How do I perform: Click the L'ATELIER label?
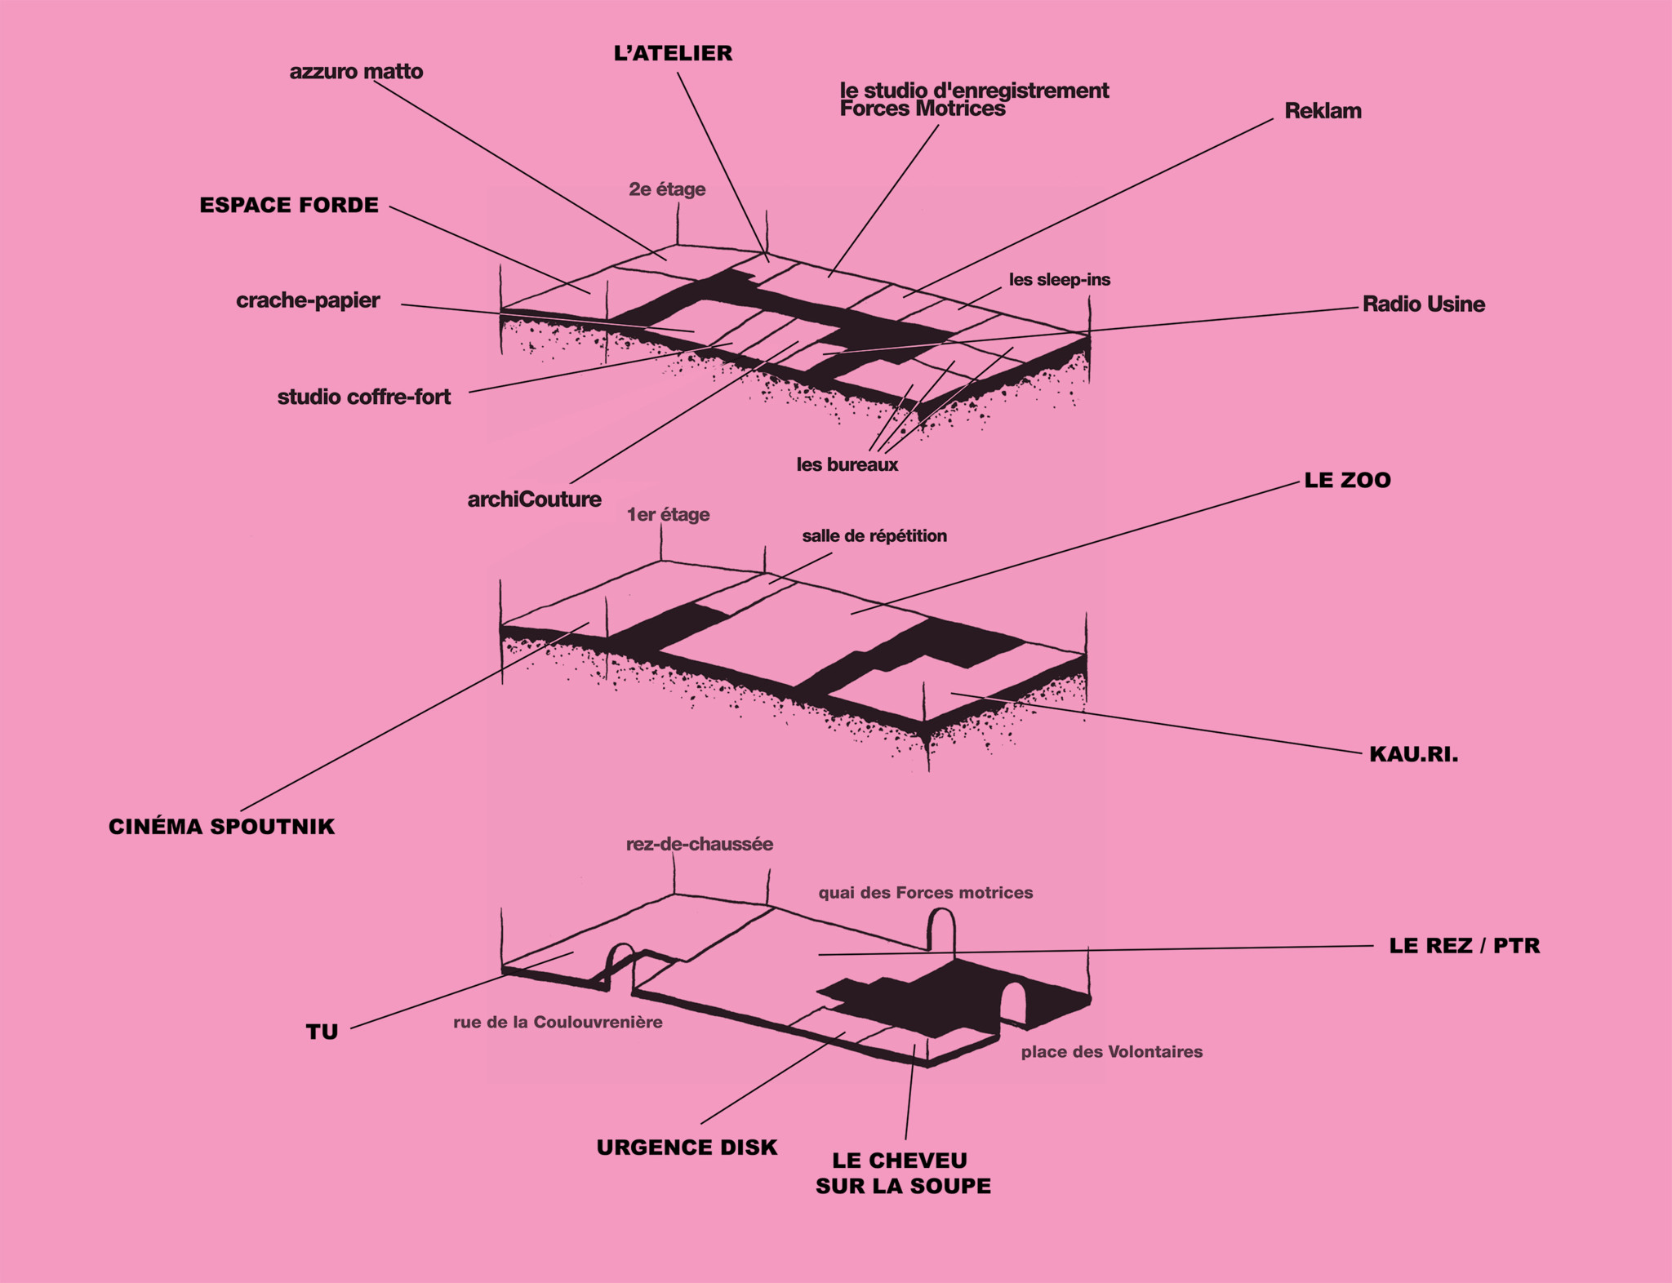click(673, 54)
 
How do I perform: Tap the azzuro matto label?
click(356, 72)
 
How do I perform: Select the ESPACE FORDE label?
click(289, 205)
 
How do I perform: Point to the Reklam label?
click(1323, 111)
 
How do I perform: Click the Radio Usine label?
click(1423, 304)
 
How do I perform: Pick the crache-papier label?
click(308, 300)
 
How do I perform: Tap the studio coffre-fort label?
click(363, 397)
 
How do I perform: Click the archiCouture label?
click(534, 499)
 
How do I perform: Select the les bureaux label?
click(847, 465)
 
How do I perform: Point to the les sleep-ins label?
click(1059, 280)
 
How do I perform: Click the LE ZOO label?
click(1347, 480)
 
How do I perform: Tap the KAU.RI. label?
click(1413, 754)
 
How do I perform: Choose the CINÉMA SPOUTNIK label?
click(221, 827)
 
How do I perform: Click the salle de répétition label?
click(874, 536)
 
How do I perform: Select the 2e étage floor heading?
click(666, 189)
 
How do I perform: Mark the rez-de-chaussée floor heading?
click(699, 844)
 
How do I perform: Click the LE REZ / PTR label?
click(1464, 946)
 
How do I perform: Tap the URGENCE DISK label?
click(687, 1148)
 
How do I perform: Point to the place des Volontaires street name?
click(1111, 1052)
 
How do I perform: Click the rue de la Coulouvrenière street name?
click(558, 1023)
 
